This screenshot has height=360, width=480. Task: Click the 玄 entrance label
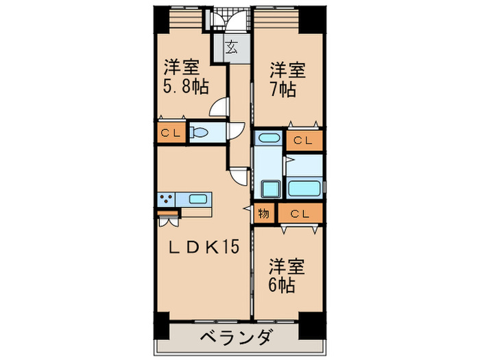(x=232, y=49)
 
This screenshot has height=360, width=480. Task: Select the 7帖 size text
(x=282, y=90)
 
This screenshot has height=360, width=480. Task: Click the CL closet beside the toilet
(x=170, y=133)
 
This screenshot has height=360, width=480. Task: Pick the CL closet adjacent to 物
(x=300, y=214)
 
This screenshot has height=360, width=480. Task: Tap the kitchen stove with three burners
(x=166, y=199)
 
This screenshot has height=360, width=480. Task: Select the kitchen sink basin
(x=198, y=199)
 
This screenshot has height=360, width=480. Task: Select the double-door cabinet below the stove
(x=167, y=219)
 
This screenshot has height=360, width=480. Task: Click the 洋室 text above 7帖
(x=287, y=70)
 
